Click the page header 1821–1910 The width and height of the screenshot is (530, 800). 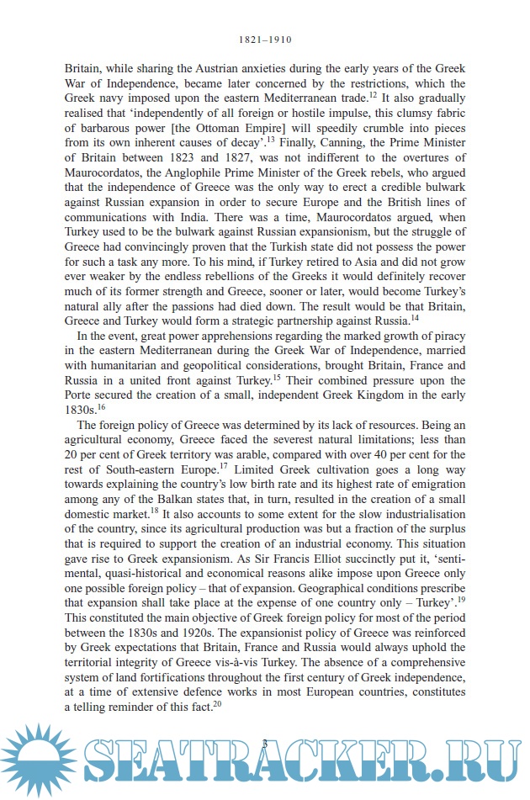coord(265,39)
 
